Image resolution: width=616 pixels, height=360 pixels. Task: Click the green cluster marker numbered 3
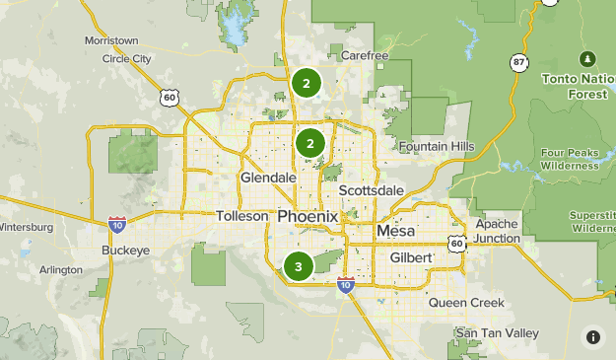299,266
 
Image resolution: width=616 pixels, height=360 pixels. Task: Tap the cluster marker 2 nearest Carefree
307,83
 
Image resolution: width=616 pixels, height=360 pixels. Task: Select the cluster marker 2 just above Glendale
310,144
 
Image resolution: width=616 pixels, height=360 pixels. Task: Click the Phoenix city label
308,216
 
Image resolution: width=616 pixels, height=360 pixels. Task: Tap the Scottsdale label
371,190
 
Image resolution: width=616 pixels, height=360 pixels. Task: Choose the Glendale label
268,178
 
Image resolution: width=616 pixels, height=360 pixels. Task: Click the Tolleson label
241,216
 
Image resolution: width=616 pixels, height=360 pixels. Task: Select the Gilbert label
411,256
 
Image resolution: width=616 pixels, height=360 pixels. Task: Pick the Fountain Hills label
437,147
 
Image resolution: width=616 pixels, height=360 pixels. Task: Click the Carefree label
365,55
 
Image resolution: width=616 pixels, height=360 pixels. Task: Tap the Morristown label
111,40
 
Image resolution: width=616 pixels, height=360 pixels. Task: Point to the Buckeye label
126,251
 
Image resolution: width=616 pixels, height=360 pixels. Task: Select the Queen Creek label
466,303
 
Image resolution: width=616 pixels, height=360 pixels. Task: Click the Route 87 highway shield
518,61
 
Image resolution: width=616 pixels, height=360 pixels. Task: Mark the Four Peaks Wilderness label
570,159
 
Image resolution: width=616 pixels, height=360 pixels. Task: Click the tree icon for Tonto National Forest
588,58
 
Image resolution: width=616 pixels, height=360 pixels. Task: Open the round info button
592,336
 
